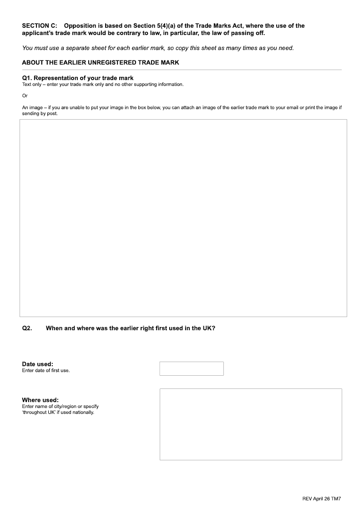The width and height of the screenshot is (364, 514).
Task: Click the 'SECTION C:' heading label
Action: coord(40,26)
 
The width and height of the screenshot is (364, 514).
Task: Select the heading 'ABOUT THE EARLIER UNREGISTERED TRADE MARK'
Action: coord(101,63)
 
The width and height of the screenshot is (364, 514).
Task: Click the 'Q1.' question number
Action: coord(27,78)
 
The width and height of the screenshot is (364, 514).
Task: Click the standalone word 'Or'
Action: coord(25,96)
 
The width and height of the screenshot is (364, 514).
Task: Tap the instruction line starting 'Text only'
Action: coord(103,85)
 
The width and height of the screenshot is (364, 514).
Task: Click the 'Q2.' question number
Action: coord(27,328)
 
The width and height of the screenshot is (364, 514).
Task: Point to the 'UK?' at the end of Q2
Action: coord(209,328)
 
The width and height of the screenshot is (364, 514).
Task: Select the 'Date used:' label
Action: coord(38,364)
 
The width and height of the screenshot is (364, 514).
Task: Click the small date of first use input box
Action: coord(192,368)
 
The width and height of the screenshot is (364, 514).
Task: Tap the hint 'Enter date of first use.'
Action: coord(46,370)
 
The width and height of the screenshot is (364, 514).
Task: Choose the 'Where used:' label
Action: coord(40,400)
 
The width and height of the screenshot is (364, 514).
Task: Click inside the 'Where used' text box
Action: coord(251,424)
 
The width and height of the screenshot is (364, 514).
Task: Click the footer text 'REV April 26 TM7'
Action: coord(321,499)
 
